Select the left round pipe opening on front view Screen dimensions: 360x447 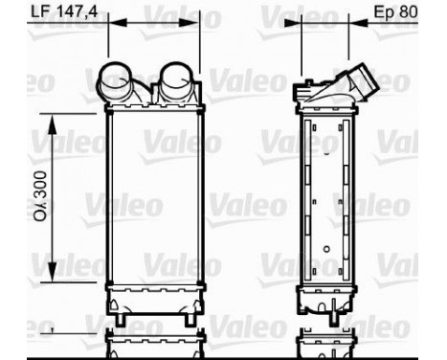pyautogui.click(x=121, y=77)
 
